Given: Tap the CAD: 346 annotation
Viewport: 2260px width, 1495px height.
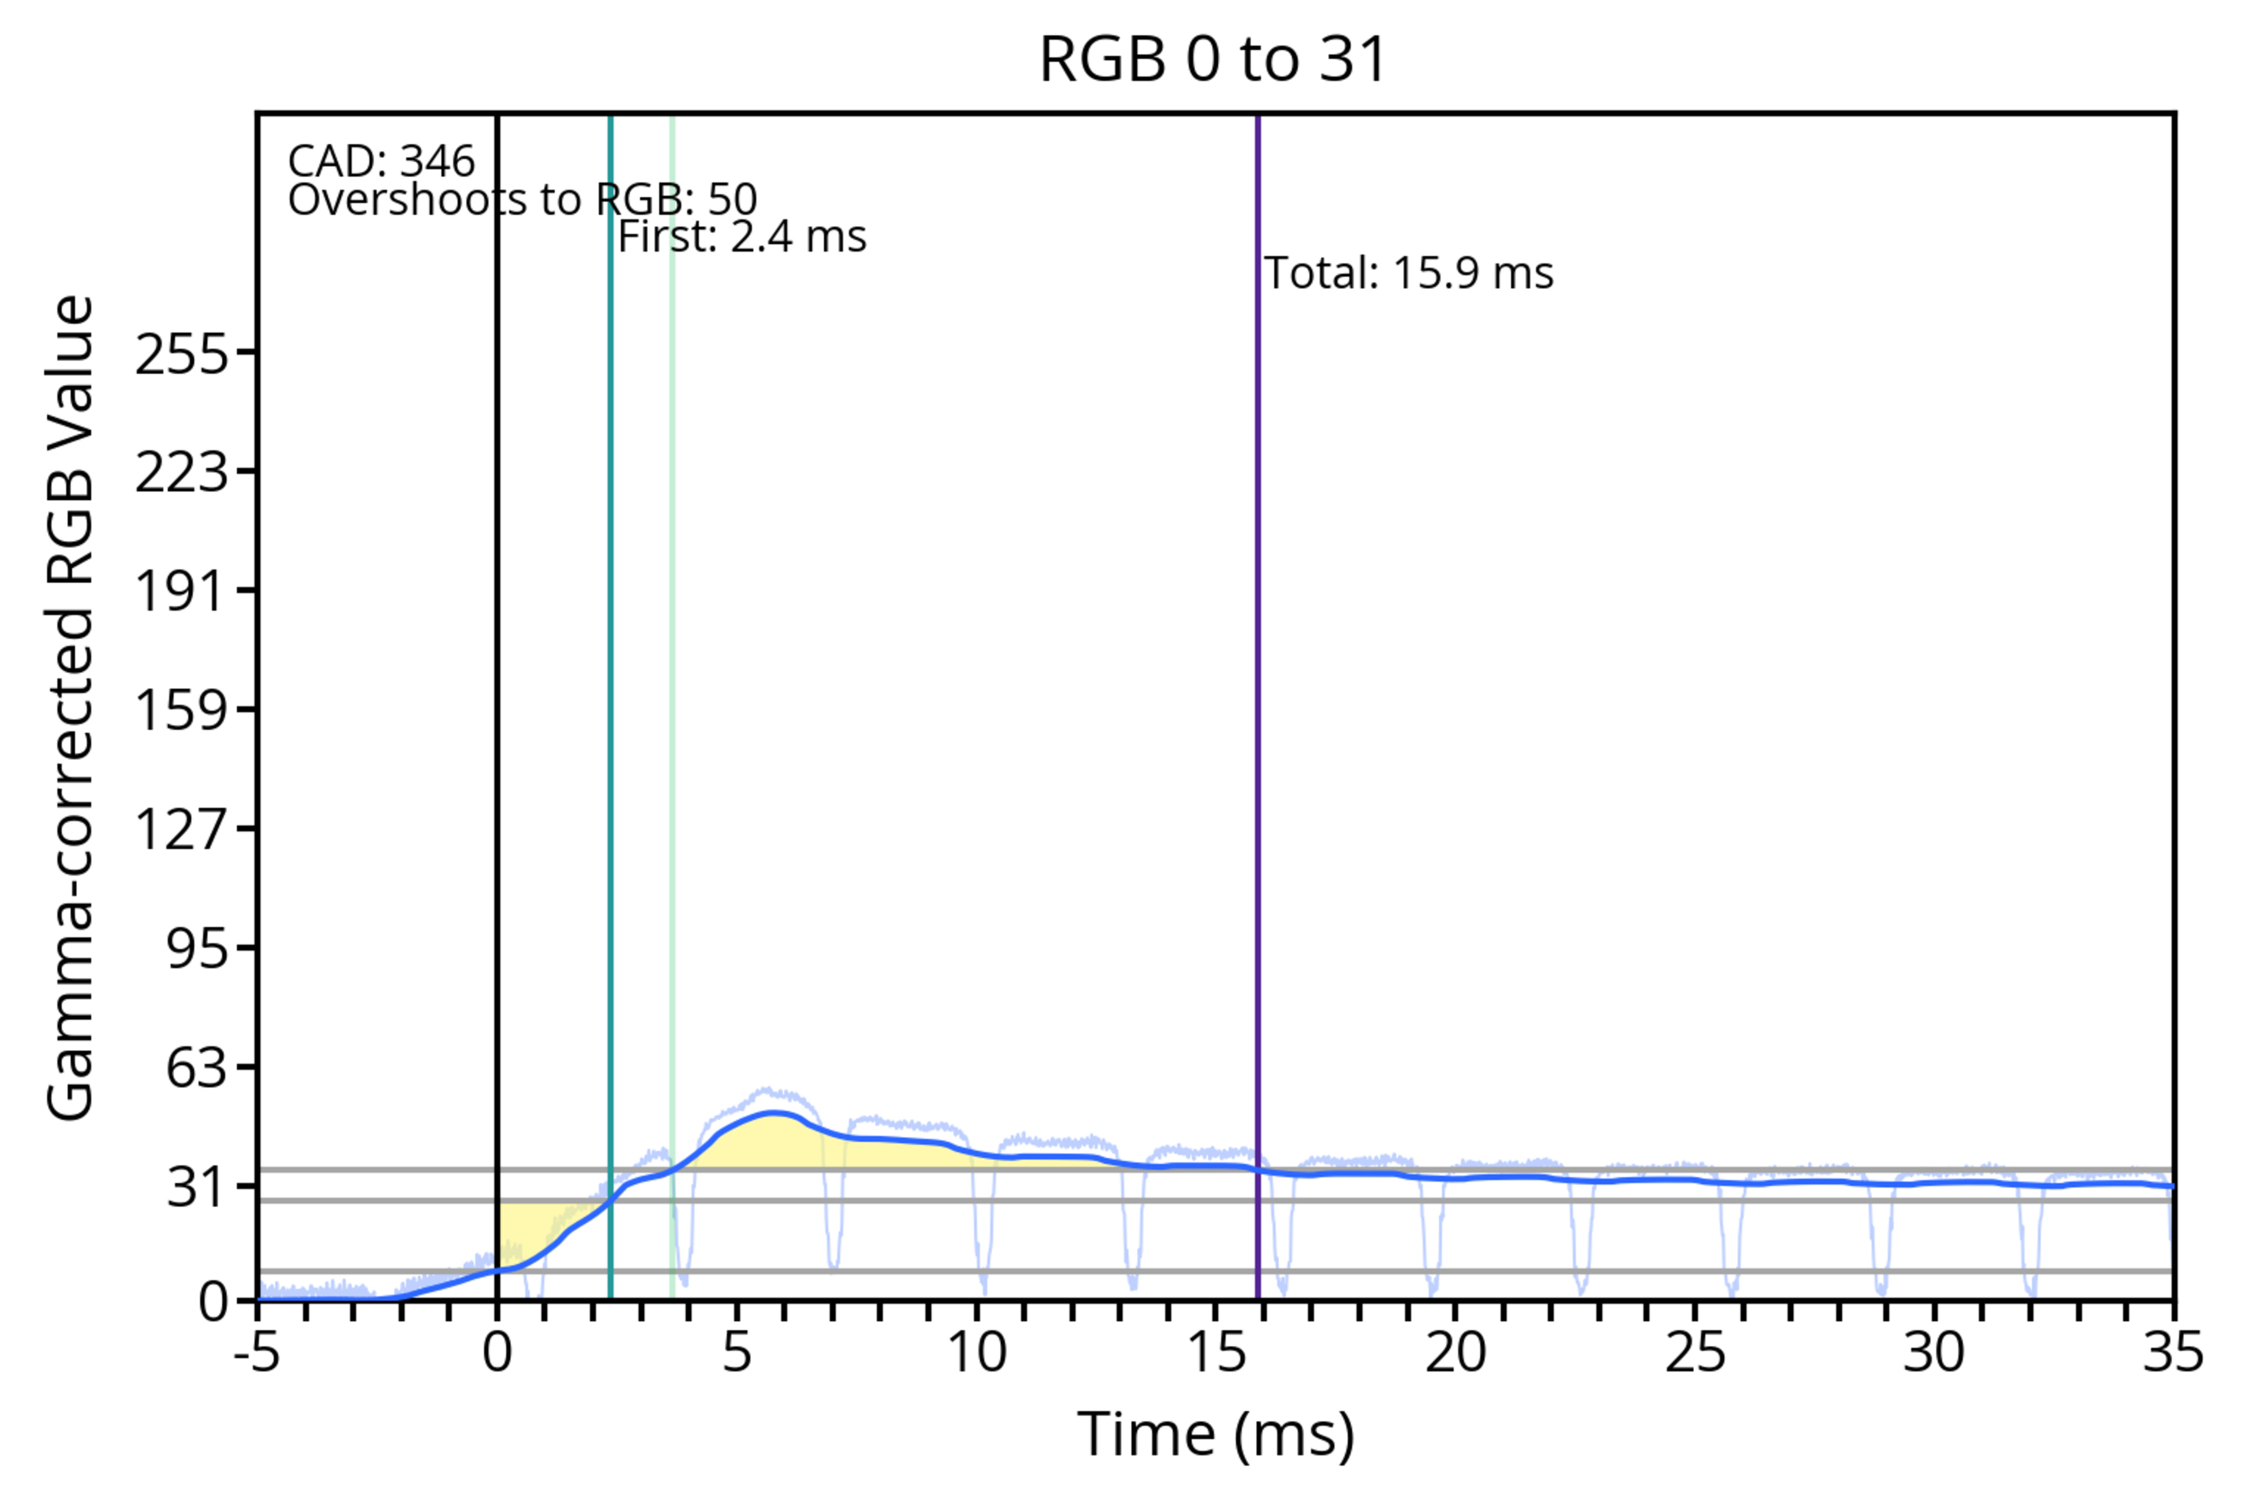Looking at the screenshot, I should click(381, 162).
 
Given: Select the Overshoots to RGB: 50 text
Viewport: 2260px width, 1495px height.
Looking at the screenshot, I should click(523, 200).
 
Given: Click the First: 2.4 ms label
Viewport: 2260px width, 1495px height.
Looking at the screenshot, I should click(742, 237).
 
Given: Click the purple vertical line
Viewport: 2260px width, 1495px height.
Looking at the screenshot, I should click(1257, 667).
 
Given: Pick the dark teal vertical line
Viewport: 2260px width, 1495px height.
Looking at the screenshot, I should click(610, 667).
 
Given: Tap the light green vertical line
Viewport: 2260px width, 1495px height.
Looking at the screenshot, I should click(672, 667).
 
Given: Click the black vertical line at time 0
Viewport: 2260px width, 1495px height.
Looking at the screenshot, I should click(497, 667).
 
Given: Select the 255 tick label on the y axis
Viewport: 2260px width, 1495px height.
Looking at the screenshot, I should click(182, 356).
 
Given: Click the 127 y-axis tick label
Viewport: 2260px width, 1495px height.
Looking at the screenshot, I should click(182, 829).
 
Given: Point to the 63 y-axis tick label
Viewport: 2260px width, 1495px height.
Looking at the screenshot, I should click(197, 1067).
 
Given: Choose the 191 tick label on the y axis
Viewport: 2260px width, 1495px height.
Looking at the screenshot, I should click(182, 591).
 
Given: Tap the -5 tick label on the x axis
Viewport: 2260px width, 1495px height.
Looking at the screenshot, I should click(257, 1353).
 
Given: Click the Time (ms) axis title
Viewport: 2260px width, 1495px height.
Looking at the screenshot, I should click(1215, 1435).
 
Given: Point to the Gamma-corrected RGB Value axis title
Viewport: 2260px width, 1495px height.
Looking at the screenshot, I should click(71, 707).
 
